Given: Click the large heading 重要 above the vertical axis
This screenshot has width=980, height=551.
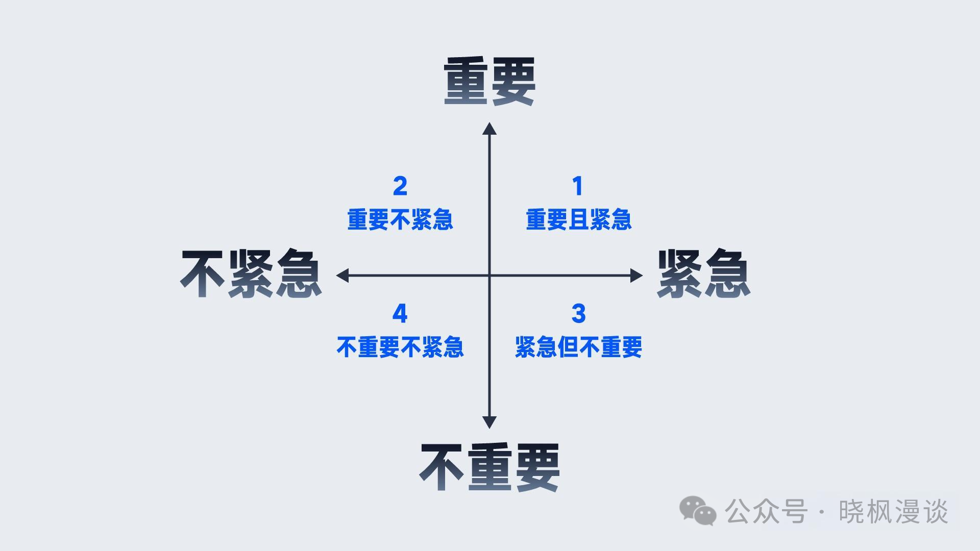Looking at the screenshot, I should [x=489, y=82].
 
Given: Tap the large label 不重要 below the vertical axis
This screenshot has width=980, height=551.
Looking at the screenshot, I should [x=489, y=467].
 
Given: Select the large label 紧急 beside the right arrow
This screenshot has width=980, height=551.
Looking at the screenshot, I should [x=703, y=274].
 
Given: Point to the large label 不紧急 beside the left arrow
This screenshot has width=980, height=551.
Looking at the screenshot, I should [x=251, y=274].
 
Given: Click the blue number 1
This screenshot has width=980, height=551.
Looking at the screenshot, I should [x=578, y=186].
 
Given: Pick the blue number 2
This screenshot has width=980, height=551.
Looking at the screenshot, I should [x=400, y=186].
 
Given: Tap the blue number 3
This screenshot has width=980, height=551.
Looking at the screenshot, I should [x=578, y=314].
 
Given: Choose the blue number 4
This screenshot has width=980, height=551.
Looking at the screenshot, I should [x=400, y=314].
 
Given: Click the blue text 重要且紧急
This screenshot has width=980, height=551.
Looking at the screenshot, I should [x=578, y=220].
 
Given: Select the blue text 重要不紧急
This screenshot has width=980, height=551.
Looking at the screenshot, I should [x=400, y=220].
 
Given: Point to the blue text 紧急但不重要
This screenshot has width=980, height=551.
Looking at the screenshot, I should [x=578, y=347].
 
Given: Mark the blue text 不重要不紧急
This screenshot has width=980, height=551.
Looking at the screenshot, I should [x=400, y=347].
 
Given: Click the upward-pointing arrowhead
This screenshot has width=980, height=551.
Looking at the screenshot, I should [x=489, y=129].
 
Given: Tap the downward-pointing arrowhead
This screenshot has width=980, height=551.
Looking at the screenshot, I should [x=489, y=422].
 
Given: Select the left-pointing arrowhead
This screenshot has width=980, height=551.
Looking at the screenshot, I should [x=342, y=275].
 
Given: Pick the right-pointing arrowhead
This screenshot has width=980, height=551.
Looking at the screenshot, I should [x=636, y=275].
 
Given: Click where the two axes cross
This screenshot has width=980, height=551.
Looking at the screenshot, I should [x=489, y=275].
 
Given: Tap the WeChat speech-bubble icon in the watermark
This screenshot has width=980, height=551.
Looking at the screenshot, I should [x=697, y=511].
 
